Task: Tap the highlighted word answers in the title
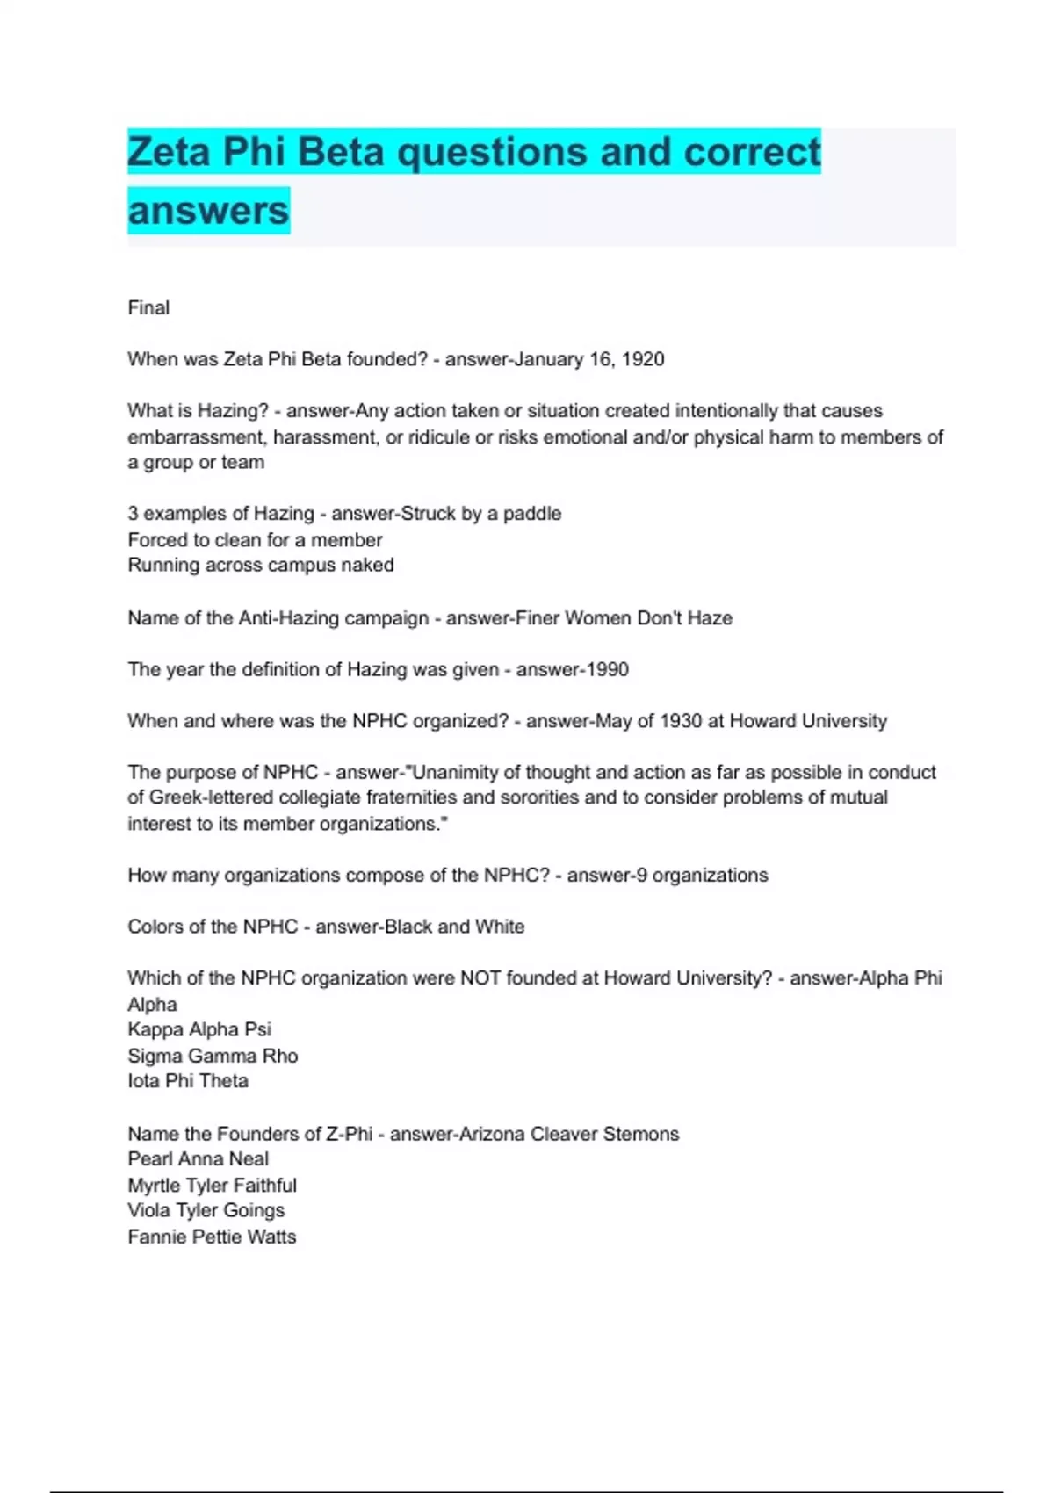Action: point(208,211)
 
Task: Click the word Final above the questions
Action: point(148,307)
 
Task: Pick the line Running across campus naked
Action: point(260,565)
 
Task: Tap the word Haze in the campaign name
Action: point(710,617)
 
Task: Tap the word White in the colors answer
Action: point(500,927)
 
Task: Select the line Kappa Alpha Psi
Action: point(199,1029)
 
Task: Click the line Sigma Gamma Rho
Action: point(213,1056)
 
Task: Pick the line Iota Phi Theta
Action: point(188,1081)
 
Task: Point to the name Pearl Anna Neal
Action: point(198,1159)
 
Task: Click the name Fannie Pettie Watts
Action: point(212,1237)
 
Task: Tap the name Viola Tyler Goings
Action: point(206,1210)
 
